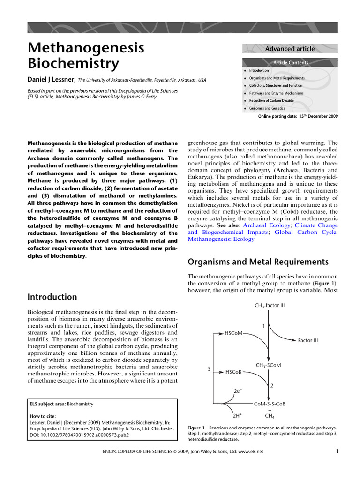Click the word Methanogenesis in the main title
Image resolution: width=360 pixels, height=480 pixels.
click(x=86, y=47)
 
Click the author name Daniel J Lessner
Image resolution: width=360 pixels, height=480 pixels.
click(x=52, y=80)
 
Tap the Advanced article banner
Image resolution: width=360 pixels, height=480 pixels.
click(x=290, y=49)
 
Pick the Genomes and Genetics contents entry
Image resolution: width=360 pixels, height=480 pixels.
click(x=267, y=108)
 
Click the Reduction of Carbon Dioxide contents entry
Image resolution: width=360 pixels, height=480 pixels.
click(x=271, y=101)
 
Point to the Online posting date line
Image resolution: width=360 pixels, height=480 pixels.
click(x=298, y=116)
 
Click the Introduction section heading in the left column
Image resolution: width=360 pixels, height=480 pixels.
click(x=52, y=297)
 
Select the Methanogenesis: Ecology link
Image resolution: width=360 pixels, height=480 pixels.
click(x=221, y=239)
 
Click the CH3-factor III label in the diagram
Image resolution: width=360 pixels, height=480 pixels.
click(x=270, y=306)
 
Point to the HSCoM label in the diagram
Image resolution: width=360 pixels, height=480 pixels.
click(x=234, y=333)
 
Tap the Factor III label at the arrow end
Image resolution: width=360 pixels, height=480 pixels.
click(x=307, y=340)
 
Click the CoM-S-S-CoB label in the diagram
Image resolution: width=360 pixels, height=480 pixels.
click(x=269, y=404)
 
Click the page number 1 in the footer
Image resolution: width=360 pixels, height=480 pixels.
click(x=337, y=451)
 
